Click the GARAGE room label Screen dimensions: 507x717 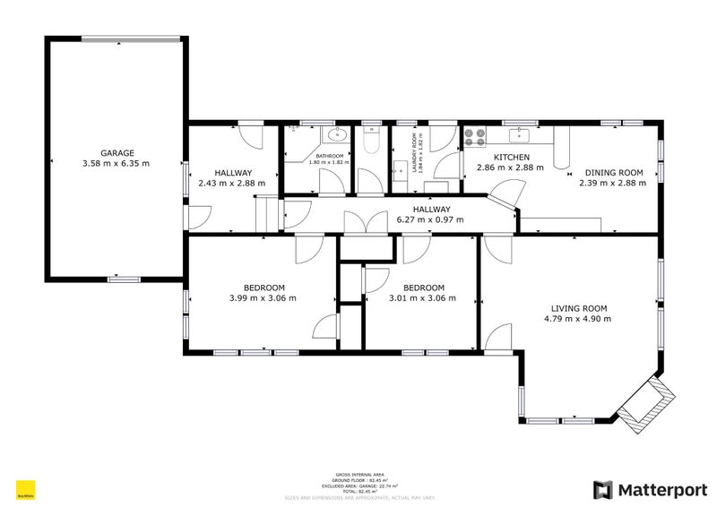point(116,153)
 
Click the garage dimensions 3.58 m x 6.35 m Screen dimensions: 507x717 point(116,164)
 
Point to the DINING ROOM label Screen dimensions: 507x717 point(615,172)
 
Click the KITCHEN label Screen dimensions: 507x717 point(497,156)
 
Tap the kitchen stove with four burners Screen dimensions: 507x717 point(475,136)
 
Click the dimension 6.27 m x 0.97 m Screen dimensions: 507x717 point(431,219)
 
